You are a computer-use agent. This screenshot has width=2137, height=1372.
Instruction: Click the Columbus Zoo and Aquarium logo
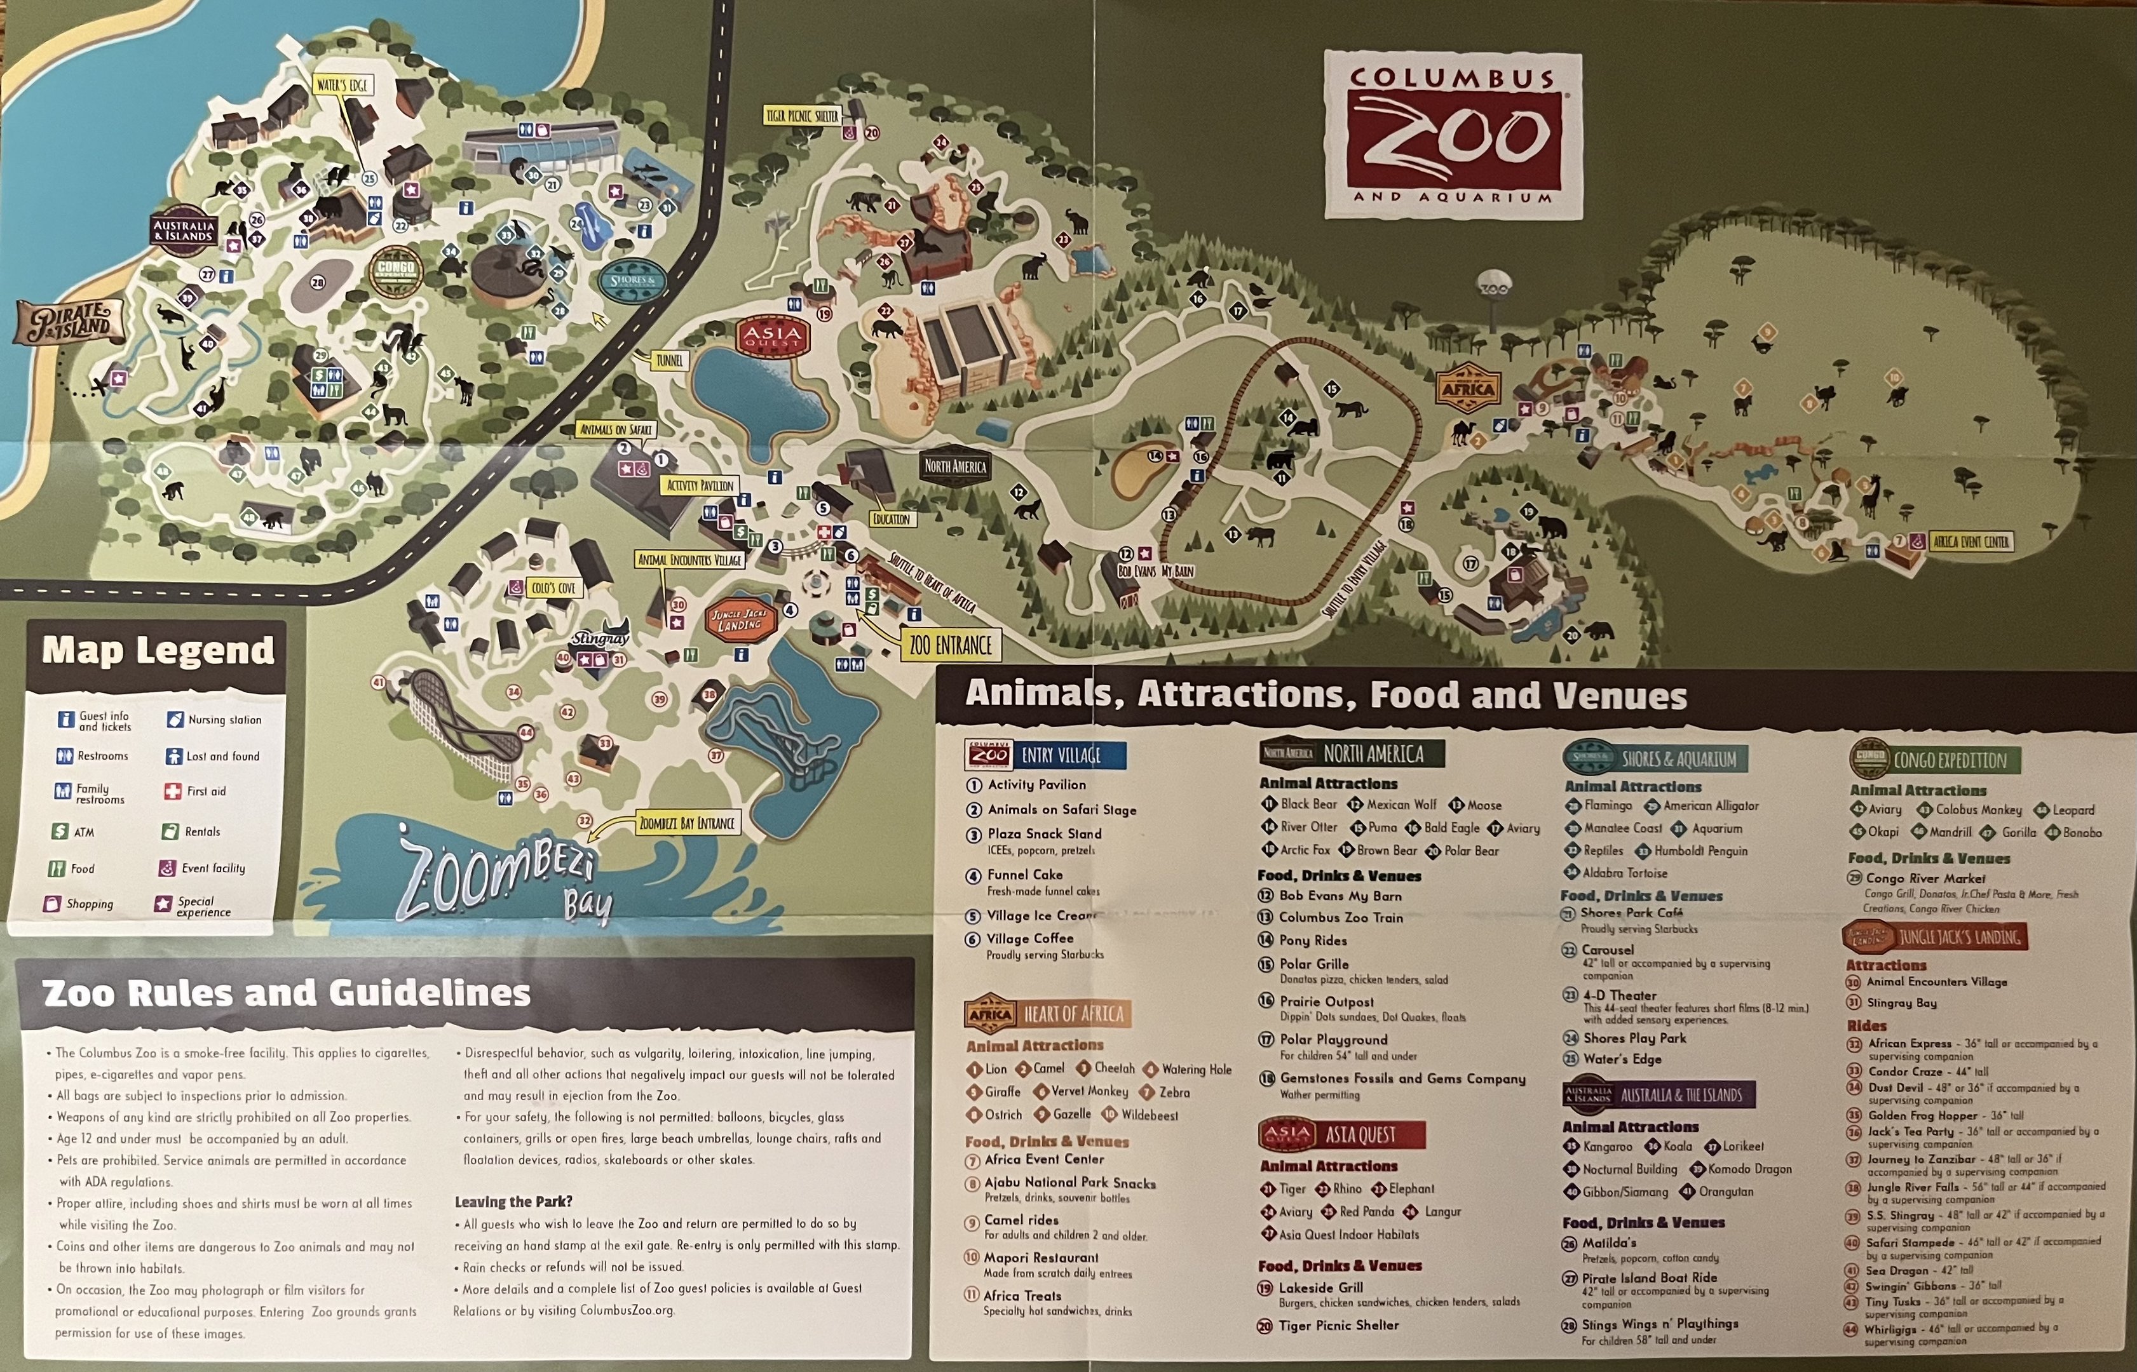(1452, 135)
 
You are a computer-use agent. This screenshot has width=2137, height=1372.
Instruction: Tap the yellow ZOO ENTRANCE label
(950, 644)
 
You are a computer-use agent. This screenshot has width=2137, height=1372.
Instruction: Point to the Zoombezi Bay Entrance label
(686, 823)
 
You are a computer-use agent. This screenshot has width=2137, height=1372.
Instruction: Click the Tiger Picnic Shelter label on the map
(802, 116)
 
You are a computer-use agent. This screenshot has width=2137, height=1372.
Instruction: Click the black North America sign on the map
(955, 466)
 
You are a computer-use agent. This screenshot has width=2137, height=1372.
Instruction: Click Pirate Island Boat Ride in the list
(1648, 1277)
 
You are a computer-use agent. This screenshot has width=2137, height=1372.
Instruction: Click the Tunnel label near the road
(668, 361)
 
